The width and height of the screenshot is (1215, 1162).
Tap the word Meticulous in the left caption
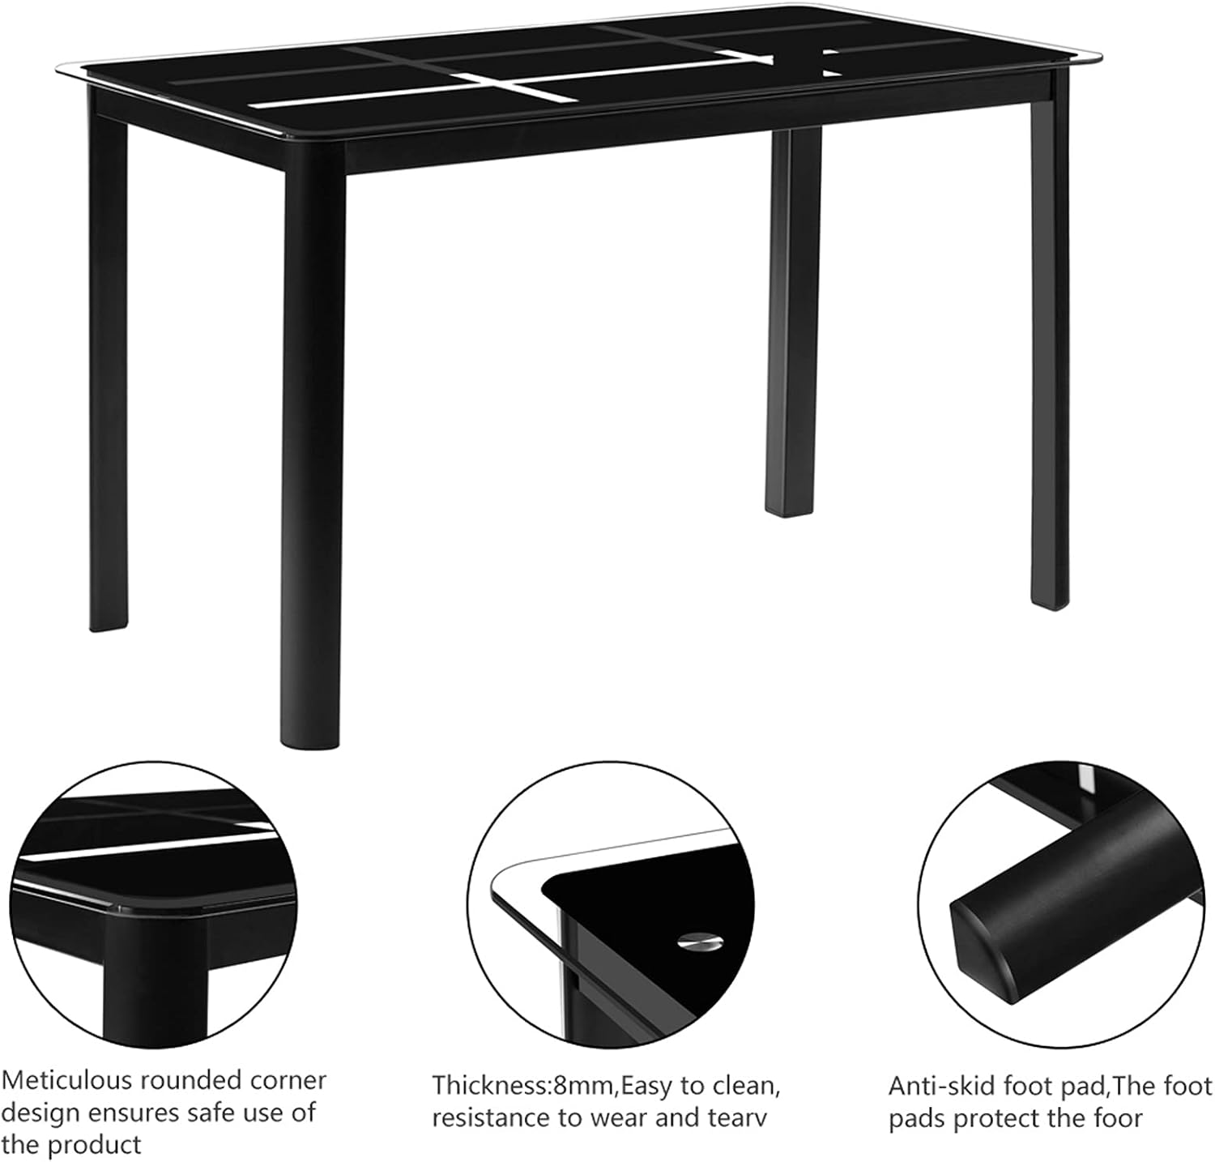66,1080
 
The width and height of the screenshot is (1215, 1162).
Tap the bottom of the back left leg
108,620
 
